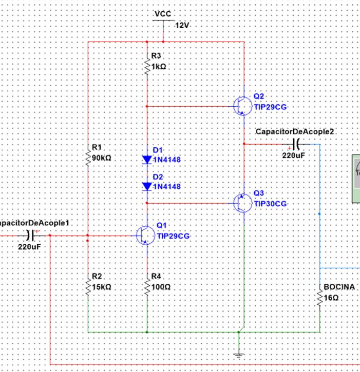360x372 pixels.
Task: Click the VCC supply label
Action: (x=163, y=13)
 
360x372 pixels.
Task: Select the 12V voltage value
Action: (x=182, y=25)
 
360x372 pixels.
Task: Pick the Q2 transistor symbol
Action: (x=241, y=106)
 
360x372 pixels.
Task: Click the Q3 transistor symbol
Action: (x=241, y=203)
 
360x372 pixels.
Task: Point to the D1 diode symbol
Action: (x=147, y=160)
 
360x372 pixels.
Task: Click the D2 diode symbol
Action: (x=147, y=186)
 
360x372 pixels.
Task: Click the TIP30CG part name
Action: (x=270, y=204)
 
